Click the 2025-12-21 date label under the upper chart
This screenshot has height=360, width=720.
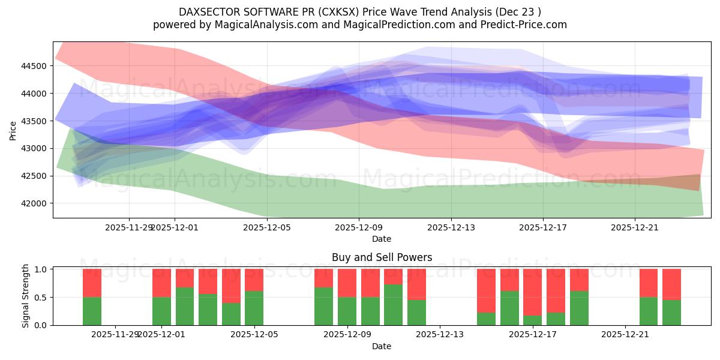(635, 227)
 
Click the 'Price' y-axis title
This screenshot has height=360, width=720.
(13, 130)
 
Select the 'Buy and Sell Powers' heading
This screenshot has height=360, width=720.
(382, 257)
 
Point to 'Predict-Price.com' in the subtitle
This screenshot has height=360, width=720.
(521, 25)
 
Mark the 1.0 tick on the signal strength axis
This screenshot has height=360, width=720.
(43, 269)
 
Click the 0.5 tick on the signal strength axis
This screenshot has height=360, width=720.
(43, 298)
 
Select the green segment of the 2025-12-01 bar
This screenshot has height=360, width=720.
(162, 311)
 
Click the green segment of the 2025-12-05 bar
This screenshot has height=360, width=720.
(254, 308)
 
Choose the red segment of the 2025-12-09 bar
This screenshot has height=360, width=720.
(347, 283)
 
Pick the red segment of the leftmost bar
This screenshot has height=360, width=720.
(92, 283)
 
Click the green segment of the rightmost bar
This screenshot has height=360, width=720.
(671, 312)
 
